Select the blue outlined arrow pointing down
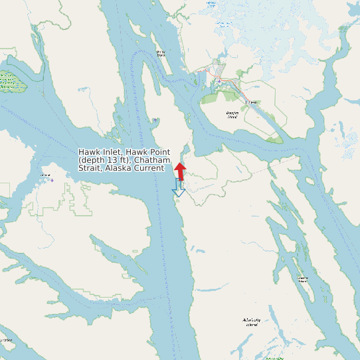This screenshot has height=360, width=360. point(177,189)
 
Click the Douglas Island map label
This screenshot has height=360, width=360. point(232,116)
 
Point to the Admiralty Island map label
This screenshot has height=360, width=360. point(250,323)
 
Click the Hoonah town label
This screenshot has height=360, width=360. point(46,175)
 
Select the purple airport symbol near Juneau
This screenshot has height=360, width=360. point(218,80)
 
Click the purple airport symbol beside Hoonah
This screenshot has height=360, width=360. point(52,179)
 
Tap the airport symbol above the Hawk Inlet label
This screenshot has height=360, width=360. point(155,120)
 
